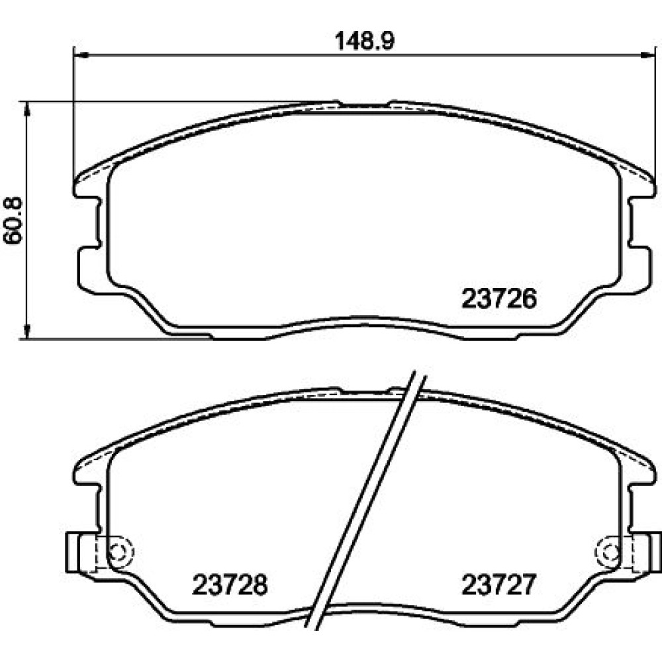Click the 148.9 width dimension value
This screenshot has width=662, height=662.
tap(364, 41)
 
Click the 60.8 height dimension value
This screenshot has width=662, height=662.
tap(13, 220)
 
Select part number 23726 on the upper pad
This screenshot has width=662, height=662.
tap(499, 299)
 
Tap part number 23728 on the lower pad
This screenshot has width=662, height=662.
tap(230, 585)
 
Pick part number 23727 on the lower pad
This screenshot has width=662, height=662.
tap(498, 585)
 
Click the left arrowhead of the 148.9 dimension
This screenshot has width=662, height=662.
tap(80, 54)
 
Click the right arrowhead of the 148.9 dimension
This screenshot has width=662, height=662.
tap(648, 54)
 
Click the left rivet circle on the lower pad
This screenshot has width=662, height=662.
tap(121, 552)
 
